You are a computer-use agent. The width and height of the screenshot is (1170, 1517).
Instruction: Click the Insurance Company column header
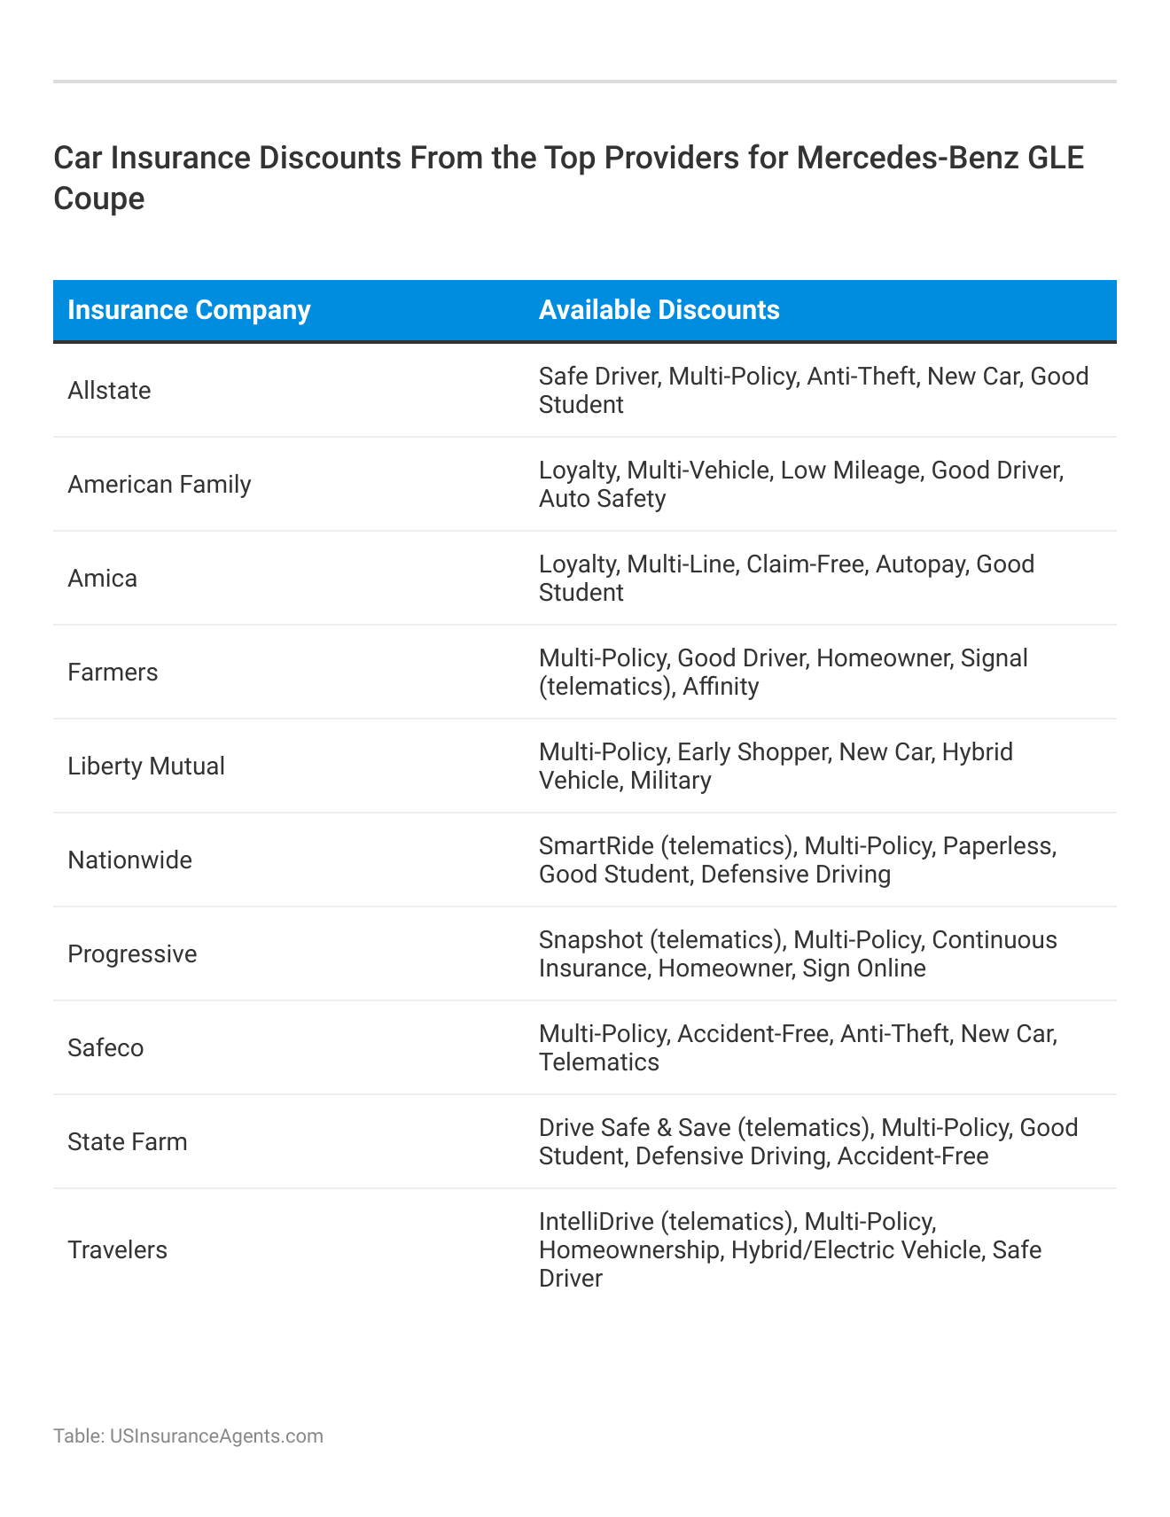click(x=189, y=310)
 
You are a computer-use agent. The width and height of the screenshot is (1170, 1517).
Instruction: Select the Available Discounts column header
click(x=659, y=310)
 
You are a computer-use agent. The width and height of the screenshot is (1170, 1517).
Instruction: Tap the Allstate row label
click(x=109, y=391)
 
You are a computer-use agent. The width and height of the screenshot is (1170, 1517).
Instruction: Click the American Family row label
click(x=160, y=485)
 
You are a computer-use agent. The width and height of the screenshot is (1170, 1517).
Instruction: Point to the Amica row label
click(x=102, y=579)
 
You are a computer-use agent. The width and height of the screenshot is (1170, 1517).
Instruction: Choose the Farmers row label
click(x=113, y=673)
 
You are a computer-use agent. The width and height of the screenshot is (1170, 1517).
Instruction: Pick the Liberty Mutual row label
click(x=146, y=766)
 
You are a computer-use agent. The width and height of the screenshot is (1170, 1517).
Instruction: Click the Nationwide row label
click(x=129, y=860)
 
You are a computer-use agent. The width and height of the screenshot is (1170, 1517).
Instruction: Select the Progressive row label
click(x=132, y=954)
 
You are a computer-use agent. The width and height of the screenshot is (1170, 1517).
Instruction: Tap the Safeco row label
click(x=105, y=1048)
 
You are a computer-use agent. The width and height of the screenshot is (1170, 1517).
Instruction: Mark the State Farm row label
click(x=128, y=1142)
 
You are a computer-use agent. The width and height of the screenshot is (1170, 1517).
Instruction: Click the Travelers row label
click(x=117, y=1250)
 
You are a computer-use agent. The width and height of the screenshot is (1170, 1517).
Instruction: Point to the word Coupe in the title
click(x=98, y=198)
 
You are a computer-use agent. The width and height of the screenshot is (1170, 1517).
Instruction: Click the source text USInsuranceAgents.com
click(x=216, y=1435)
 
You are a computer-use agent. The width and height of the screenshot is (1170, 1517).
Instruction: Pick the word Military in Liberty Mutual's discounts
click(x=671, y=781)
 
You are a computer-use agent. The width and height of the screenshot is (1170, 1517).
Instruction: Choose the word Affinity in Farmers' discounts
click(x=721, y=687)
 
